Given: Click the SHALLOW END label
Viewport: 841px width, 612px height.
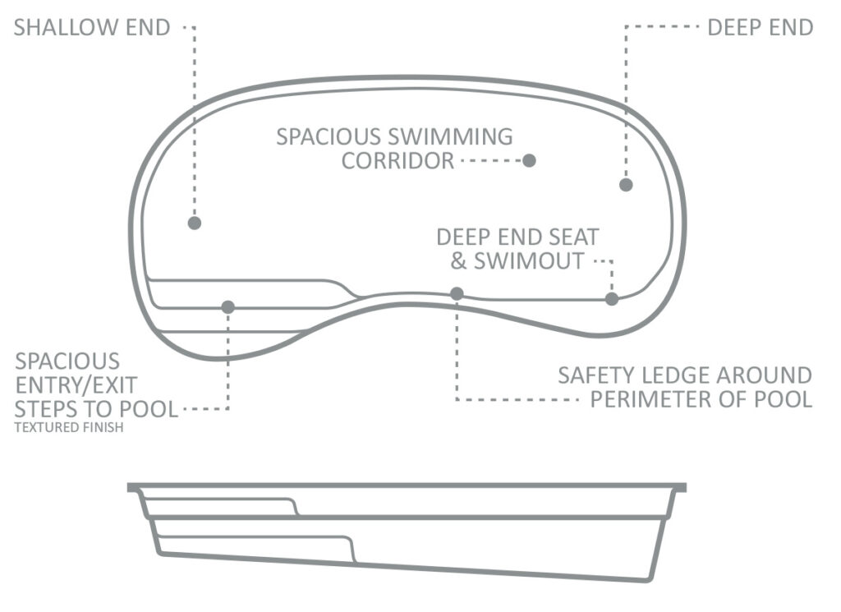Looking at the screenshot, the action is coord(92,27).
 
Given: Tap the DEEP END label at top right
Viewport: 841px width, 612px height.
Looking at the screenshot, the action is coord(760,27).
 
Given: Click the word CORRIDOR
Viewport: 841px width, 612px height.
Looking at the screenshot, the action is coord(398,161).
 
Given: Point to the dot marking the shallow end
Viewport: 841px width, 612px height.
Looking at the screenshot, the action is coord(195,223).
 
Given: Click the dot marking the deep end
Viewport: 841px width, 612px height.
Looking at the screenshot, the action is coord(626,185).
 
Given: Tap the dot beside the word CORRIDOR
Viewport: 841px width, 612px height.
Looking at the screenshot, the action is coord(530,160).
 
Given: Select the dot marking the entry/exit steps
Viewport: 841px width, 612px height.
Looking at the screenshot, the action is coord(228,306).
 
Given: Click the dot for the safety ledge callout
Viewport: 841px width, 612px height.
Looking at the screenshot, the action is coord(457,293).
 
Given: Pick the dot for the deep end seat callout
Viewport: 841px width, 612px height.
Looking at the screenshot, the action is coord(612,299).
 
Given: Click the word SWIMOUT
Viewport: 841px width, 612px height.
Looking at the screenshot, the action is coord(529,261).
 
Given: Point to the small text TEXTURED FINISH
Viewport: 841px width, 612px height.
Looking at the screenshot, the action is coord(69,427).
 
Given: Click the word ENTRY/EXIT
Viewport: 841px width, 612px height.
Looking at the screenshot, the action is coord(76,385).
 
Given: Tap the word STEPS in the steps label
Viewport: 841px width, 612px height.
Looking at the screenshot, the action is coord(46,410).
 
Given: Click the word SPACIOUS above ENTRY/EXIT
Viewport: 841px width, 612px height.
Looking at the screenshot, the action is coord(67,361).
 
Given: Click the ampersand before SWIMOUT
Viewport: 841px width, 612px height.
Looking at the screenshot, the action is coord(458,261).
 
